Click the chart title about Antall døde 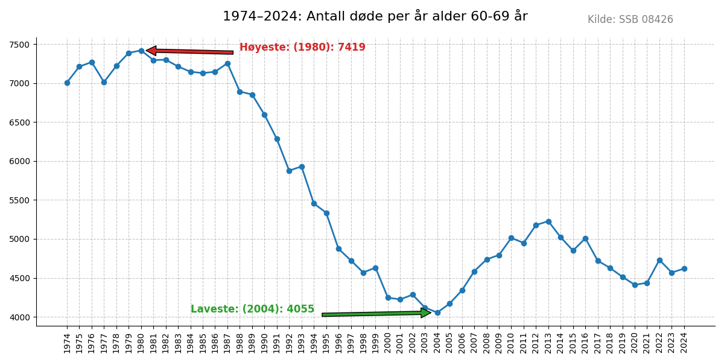pos(375,16)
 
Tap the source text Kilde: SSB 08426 pos(630,20)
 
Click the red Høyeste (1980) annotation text pos(302,47)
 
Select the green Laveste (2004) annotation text pos(252,309)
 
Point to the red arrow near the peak pos(189,51)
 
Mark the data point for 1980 pos(141,51)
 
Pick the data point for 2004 pos(437,313)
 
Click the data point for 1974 pos(67,83)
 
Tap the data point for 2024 pos(684,268)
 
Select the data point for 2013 pos(548,221)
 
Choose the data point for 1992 pos(289,171)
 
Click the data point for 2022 pos(659,260)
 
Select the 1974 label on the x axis pos(67,343)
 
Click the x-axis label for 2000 pos(388,343)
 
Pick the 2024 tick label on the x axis pos(684,343)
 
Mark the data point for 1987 pos(227,63)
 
